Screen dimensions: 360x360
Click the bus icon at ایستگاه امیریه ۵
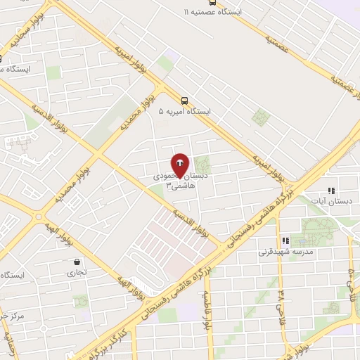pyautogui.click(x=184, y=100)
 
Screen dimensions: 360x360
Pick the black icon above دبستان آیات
pyautogui.click(x=331, y=191)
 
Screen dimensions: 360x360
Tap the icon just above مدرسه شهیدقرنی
pyautogui.click(x=284, y=240)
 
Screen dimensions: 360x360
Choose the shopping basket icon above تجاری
pyautogui.click(x=76, y=262)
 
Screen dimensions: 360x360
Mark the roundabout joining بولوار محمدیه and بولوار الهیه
pyautogui.click(x=38, y=217)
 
